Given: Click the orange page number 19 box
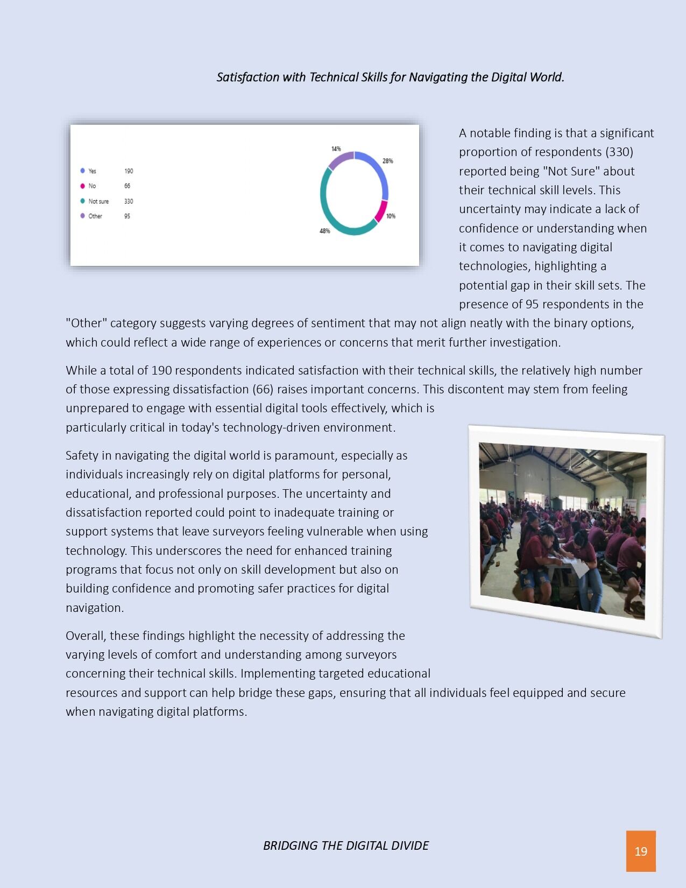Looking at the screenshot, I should tap(640, 851).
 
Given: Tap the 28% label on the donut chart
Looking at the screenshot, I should tap(387, 161).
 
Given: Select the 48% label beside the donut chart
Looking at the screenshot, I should tap(324, 231).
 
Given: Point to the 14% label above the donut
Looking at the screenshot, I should tap(336, 149).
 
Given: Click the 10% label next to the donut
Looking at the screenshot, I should tap(391, 216).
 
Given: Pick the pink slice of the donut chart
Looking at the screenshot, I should tap(381, 211).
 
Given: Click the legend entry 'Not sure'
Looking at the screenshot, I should tap(98, 201).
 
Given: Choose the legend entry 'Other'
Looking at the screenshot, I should tap(95, 216).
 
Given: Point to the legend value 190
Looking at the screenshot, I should tap(129, 171).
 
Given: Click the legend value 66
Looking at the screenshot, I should tap(127, 186).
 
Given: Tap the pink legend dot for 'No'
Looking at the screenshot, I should tap(82, 186).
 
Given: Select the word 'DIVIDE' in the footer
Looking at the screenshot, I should tap(411, 845).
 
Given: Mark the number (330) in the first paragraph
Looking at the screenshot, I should tap(619, 152).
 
